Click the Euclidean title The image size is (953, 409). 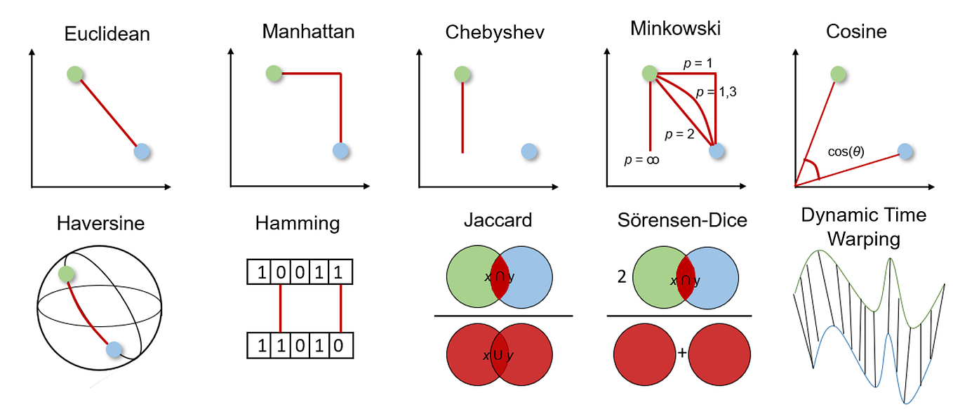point(107,34)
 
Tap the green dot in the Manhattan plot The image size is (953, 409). point(274,73)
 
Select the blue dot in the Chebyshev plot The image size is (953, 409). point(530,151)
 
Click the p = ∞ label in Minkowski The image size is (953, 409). point(642,160)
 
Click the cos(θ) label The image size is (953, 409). point(845,150)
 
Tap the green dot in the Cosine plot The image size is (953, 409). point(837,73)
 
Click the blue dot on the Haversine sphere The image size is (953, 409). point(114,349)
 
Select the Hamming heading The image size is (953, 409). point(297,224)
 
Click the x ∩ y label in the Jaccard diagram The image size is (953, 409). point(499,277)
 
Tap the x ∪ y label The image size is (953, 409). point(499,355)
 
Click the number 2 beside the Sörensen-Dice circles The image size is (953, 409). point(621,276)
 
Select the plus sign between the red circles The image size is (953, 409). point(681,353)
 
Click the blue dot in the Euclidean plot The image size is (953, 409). point(142,151)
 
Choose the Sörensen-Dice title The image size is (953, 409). point(681,220)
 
